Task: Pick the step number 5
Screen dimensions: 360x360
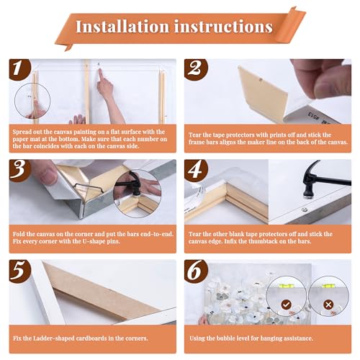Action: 19,268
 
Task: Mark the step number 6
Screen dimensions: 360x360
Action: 195,268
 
